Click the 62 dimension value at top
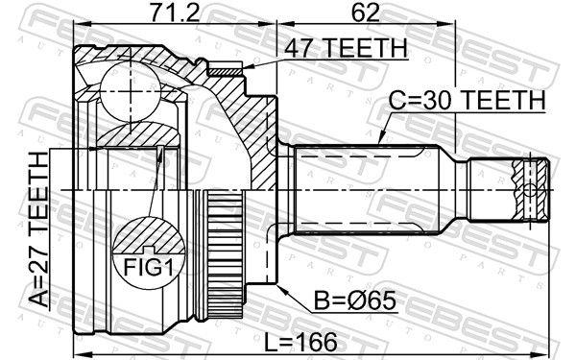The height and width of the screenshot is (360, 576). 363,13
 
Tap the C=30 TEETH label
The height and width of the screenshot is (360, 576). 467,100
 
